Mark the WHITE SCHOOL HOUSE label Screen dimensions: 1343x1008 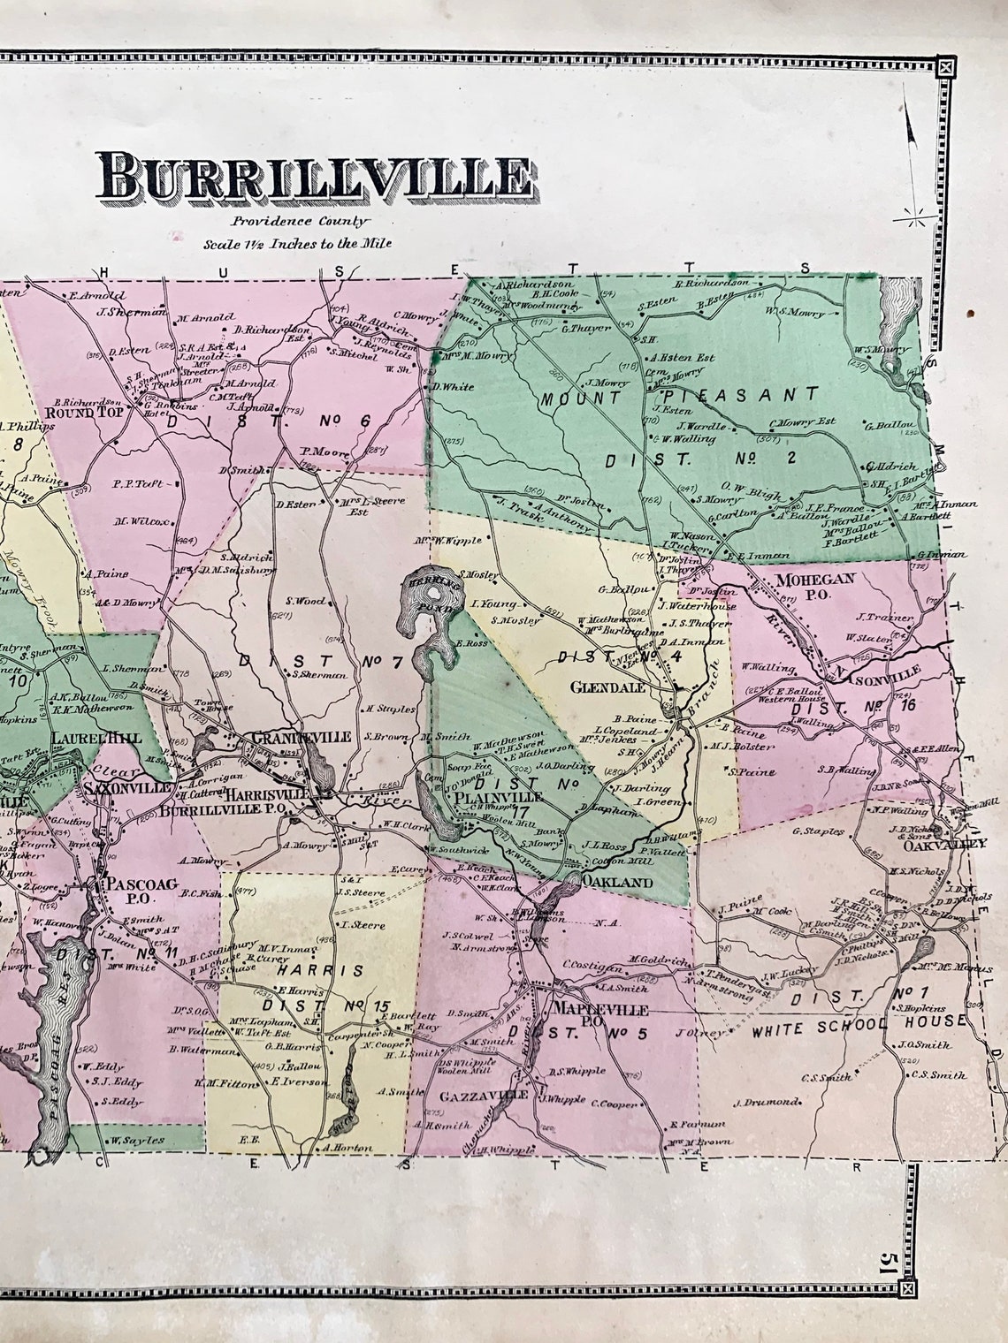(x=858, y=1023)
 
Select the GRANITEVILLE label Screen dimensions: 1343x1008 (x=302, y=736)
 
